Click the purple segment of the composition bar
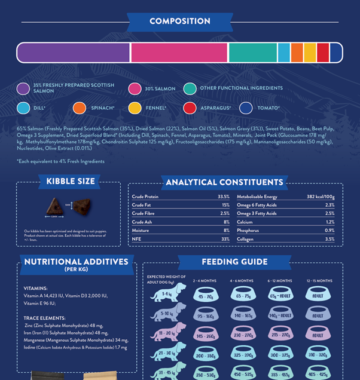point(73,53)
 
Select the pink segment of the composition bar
point(179,53)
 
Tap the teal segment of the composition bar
point(252,53)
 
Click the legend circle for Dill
point(23,108)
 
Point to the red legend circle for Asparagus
point(190,108)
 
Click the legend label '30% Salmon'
point(160,89)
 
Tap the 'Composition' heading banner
point(179,22)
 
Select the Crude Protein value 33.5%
point(223,197)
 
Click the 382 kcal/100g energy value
point(321,197)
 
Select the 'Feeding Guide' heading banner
point(234,262)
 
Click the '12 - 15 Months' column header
point(319,280)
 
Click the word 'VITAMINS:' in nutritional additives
point(35,287)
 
